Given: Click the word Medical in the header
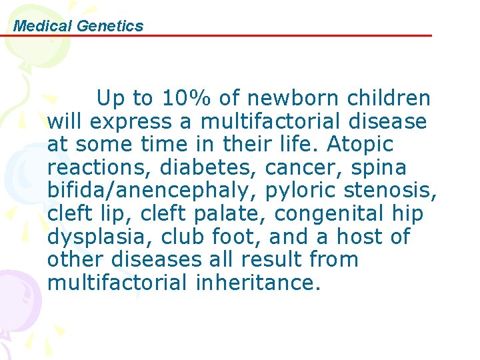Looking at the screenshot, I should (x=43, y=26).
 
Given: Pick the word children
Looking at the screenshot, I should (x=389, y=99).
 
